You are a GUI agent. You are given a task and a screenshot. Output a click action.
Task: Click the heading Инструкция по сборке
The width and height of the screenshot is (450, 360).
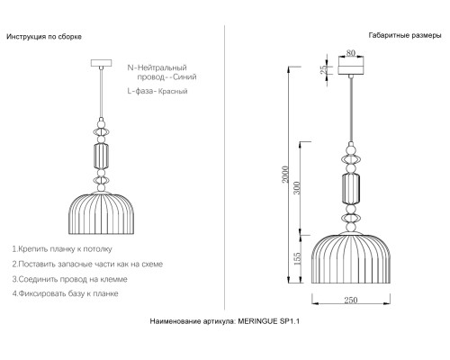click(x=44, y=37)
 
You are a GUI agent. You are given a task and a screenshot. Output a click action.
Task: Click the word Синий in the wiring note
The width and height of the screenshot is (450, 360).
click(x=183, y=78)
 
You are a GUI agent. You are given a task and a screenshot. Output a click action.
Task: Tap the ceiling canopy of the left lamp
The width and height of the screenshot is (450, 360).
click(x=99, y=63)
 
